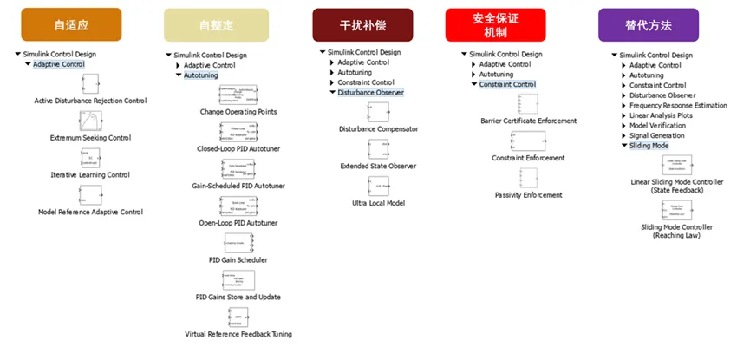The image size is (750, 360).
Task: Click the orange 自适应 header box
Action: coord(71,24)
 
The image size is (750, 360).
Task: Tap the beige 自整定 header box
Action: coord(216,25)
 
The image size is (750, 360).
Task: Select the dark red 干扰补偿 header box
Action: coord(362,24)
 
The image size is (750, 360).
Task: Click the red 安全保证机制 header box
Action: coord(495,24)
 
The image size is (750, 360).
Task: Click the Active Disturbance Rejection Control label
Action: coord(90,101)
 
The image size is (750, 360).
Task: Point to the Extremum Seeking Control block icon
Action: coord(89,121)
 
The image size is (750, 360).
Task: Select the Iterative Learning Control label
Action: coord(90,174)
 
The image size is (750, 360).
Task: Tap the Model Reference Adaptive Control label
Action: coord(90,212)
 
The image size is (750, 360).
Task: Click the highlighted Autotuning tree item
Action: coord(201,75)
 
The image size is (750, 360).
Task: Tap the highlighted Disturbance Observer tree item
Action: coord(370,92)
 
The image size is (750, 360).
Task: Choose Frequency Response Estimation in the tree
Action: coord(677,105)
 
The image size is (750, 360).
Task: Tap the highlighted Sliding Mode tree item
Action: coord(649,146)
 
